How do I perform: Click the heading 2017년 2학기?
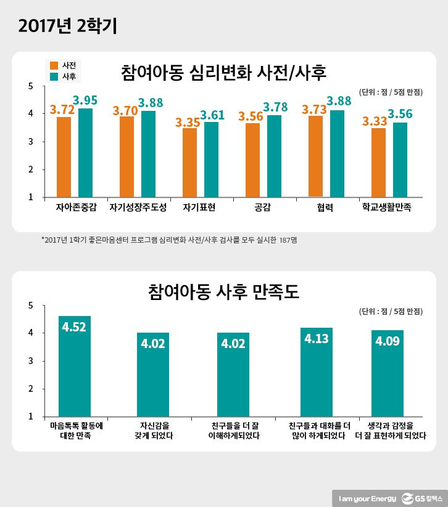click(68, 26)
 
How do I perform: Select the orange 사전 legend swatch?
click(54, 65)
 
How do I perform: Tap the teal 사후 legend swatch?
click(54, 76)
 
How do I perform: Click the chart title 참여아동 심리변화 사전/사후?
click(224, 73)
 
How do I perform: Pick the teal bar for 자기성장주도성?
click(148, 154)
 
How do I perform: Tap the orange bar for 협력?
click(315, 156)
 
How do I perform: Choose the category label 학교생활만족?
click(386, 208)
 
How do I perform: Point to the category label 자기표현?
click(199, 208)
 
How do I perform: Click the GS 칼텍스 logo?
click(420, 497)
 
